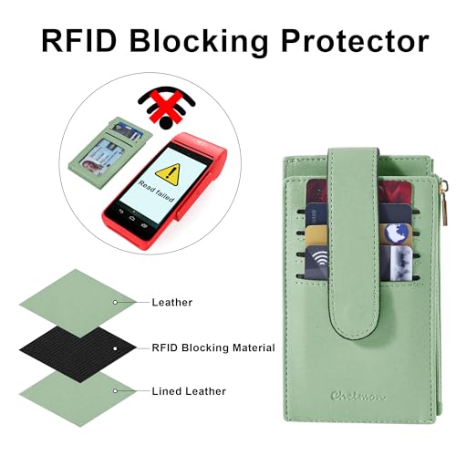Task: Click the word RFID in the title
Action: click(79, 41)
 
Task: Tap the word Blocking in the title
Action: click(199, 42)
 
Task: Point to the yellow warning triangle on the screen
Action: click(169, 174)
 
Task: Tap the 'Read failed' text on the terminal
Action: click(157, 191)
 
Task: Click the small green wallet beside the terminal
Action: click(110, 153)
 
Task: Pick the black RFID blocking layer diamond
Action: click(78, 350)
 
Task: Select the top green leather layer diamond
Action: click(78, 303)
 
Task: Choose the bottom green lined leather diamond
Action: click(78, 399)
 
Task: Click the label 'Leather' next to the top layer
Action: click(172, 303)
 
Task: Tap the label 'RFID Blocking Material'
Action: click(213, 347)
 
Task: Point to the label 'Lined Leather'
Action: click(189, 391)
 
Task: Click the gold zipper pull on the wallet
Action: click(444, 202)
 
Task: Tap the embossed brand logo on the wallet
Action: click(358, 396)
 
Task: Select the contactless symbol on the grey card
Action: click(318, 259)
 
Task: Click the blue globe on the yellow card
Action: click(397, 233)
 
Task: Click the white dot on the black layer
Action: click(115, 348)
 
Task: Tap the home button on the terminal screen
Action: click(131, 218)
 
